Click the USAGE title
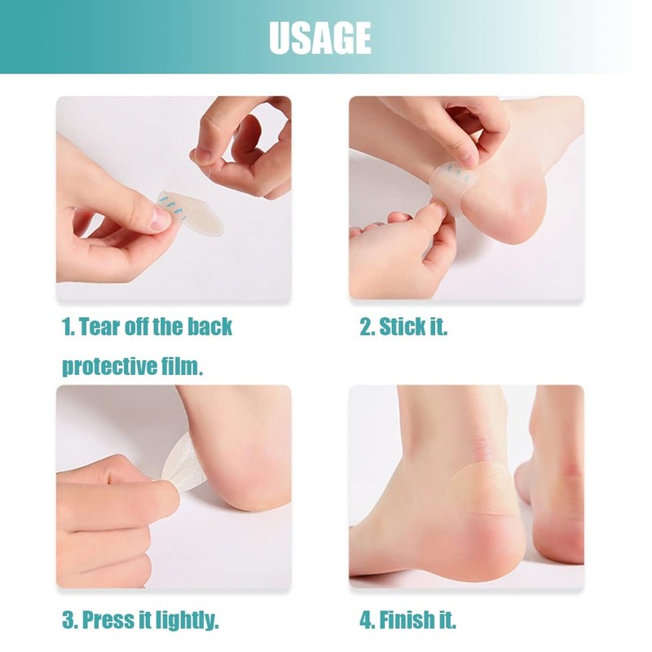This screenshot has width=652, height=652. coord(319,37)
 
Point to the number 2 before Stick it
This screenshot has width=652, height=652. coord(366,328)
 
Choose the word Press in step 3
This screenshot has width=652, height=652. coord(108,621)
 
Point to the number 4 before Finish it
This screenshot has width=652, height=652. coord(366,621)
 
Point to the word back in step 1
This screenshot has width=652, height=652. coord(209,328)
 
